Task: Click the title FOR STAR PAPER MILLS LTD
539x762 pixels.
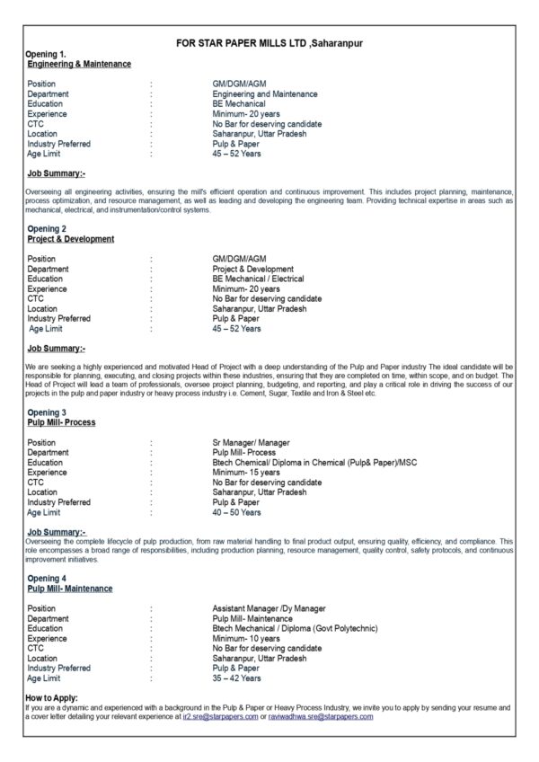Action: coord(269,42)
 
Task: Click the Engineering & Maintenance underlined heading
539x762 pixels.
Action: coord(79,64)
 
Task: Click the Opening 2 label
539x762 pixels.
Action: coord(47,229)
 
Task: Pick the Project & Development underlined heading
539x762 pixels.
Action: coord(71,239)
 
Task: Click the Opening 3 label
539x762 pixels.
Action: coord(47,412)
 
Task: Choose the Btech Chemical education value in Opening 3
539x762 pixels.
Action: coord(314,463)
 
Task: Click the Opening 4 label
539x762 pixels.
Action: coord(47,578)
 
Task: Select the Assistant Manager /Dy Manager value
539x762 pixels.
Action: coord(269,609)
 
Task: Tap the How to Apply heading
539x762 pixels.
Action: coord(51,697)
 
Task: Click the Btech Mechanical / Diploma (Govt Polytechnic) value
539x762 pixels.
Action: coord(295,629)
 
